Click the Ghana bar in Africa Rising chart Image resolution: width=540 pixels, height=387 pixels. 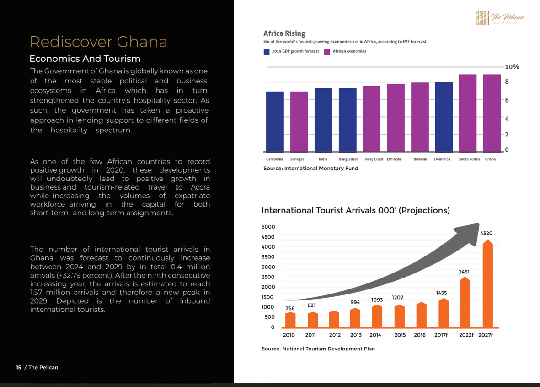(x=492, y=113)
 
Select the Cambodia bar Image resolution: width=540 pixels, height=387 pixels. (x=275, y=121)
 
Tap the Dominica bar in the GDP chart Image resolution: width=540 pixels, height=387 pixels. (x=444, y=117)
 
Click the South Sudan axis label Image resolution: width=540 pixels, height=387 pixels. (x=469, y=159)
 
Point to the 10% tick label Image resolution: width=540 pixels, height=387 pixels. (x=512, y=66)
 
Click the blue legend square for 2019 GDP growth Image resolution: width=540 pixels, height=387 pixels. (x=267, y=51)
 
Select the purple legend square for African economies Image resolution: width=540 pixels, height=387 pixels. (x=327, y=51)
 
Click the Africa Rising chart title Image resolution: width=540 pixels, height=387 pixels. (x=284, y=33)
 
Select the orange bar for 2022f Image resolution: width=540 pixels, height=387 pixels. (x=465, y=302)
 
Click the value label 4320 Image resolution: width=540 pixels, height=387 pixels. (x=487, y=233)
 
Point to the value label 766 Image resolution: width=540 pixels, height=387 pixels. (x=290, y=308)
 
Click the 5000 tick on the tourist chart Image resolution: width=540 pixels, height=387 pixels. (x=268, y=227)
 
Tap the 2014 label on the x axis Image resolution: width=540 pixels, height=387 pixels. (x=375, y=335)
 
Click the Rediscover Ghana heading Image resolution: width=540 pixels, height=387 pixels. (x=98, y=42)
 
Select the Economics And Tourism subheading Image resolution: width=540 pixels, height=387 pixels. (x=85, y=59)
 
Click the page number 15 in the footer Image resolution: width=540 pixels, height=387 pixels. (x=19, y=367)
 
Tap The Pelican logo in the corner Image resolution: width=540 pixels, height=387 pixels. (x=500, y=18)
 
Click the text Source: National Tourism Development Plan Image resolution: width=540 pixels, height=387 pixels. (x=318, y=349)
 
